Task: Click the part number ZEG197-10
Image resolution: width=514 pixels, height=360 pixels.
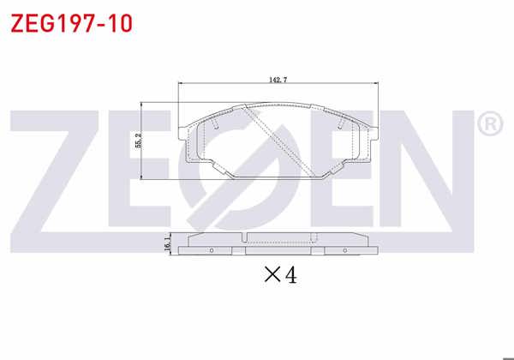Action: [x=71, y=23]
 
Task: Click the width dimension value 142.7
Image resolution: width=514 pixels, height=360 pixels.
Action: [x=278, y=80]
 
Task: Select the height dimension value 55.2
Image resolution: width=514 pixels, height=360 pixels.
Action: [x=136, y=141]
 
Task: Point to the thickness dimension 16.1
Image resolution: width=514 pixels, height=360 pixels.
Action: [x=168, y=244]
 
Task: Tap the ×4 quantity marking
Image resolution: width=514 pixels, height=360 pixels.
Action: [x=280, y=276]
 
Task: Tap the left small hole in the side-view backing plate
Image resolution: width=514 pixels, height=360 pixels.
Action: [x=212, y=250]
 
